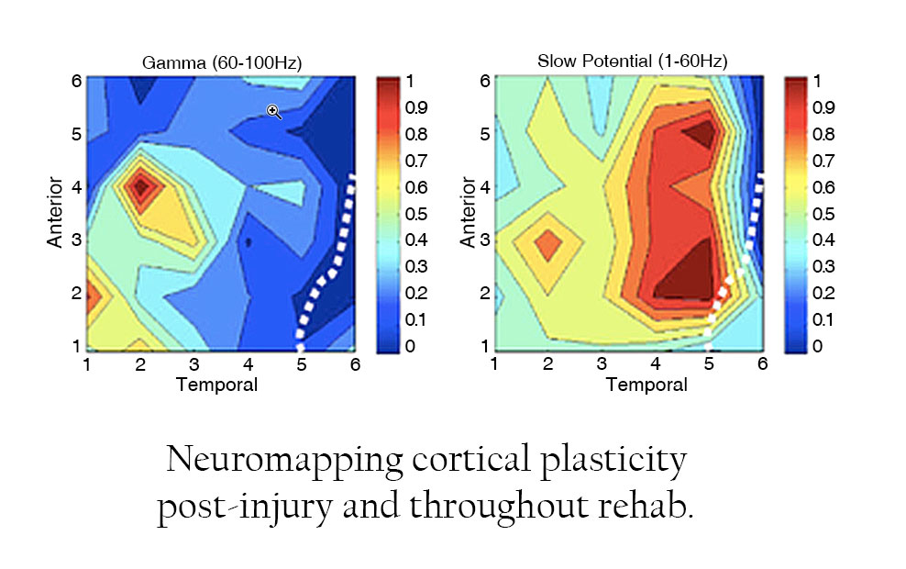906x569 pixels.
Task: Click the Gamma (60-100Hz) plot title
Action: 221,62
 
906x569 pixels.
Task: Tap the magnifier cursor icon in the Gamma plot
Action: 273,112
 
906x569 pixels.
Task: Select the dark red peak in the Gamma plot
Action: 140,186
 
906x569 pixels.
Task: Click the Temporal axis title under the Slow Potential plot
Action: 646,385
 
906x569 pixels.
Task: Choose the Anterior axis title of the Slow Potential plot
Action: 468,212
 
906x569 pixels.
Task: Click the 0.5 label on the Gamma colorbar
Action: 417,214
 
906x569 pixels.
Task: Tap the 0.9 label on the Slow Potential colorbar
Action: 825,107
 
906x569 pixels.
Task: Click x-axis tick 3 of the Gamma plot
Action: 194,365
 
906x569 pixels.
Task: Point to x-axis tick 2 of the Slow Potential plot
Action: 548,365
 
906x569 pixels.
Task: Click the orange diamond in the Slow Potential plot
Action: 548,245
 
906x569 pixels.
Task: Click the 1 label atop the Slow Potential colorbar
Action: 816,81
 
